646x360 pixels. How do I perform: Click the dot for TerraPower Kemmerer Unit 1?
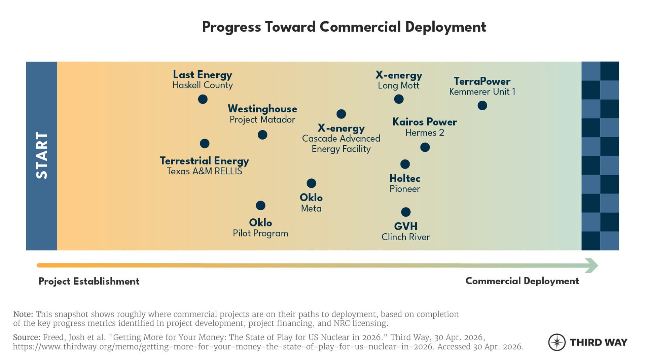point(482,106)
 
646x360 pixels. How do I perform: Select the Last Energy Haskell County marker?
point(203,99)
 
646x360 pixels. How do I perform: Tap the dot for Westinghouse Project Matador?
point(262,135)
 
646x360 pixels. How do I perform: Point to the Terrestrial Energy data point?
point(205,144)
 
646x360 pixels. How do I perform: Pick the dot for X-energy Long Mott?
point(399,99)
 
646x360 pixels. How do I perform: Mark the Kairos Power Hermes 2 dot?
point(425,147)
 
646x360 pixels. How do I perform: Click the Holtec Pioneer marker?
point(405,164)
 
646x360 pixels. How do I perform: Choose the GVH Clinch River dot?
point(406,212)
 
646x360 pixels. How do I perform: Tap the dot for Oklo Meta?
point(311,183)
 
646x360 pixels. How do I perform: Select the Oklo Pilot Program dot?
point(260,206)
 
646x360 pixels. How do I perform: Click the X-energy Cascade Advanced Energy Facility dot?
point(341,114)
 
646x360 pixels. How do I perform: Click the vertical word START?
point(42,155)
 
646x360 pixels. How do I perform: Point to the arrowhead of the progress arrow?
point(592,265)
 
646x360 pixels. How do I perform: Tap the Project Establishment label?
point(89,281)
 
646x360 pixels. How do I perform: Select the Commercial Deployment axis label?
point(522,281)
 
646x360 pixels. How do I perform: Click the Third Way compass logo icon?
point(557,342)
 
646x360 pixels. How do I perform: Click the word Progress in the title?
point(231,27)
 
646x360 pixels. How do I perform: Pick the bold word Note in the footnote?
point(23,314)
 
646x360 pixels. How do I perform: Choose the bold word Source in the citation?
point(27,337)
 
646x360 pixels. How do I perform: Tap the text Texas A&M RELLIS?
point(204,171)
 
